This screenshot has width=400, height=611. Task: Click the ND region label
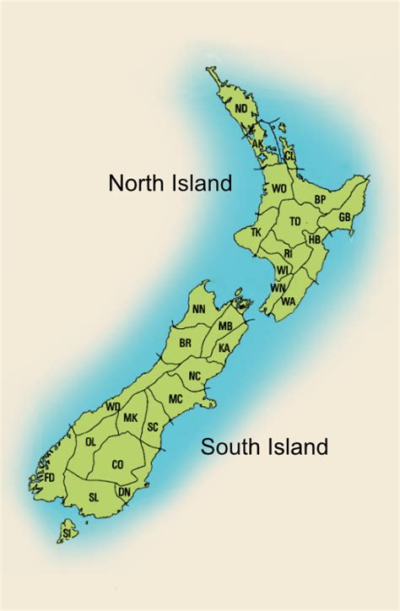(x=241, y=108)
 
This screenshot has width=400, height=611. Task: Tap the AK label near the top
(x=257, y=143)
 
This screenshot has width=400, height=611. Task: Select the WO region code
(x=279, y=189)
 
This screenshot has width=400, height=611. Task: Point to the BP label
(x=320, y=199)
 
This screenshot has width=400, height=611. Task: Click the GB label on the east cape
(x=344, y=217)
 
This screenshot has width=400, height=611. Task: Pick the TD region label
(x=295, y=221)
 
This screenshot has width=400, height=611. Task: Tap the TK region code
(x=257, y=232)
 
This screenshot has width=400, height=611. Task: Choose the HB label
(x=314, y=240)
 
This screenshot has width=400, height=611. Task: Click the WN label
(x=277, y=288)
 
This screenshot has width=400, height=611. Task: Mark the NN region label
(x=198, y=310)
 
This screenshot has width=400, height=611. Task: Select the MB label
(x=225, y=326)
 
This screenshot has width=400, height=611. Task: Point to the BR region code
(x=186, y=343)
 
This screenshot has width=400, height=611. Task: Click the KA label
(x=224, y=348)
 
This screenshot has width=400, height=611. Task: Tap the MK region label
(x=130, y=418)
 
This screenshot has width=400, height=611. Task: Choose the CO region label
(x=117, y=463)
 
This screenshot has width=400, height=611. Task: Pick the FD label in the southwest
(x=49, y=478)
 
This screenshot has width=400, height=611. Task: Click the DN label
(x=124, y=492)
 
